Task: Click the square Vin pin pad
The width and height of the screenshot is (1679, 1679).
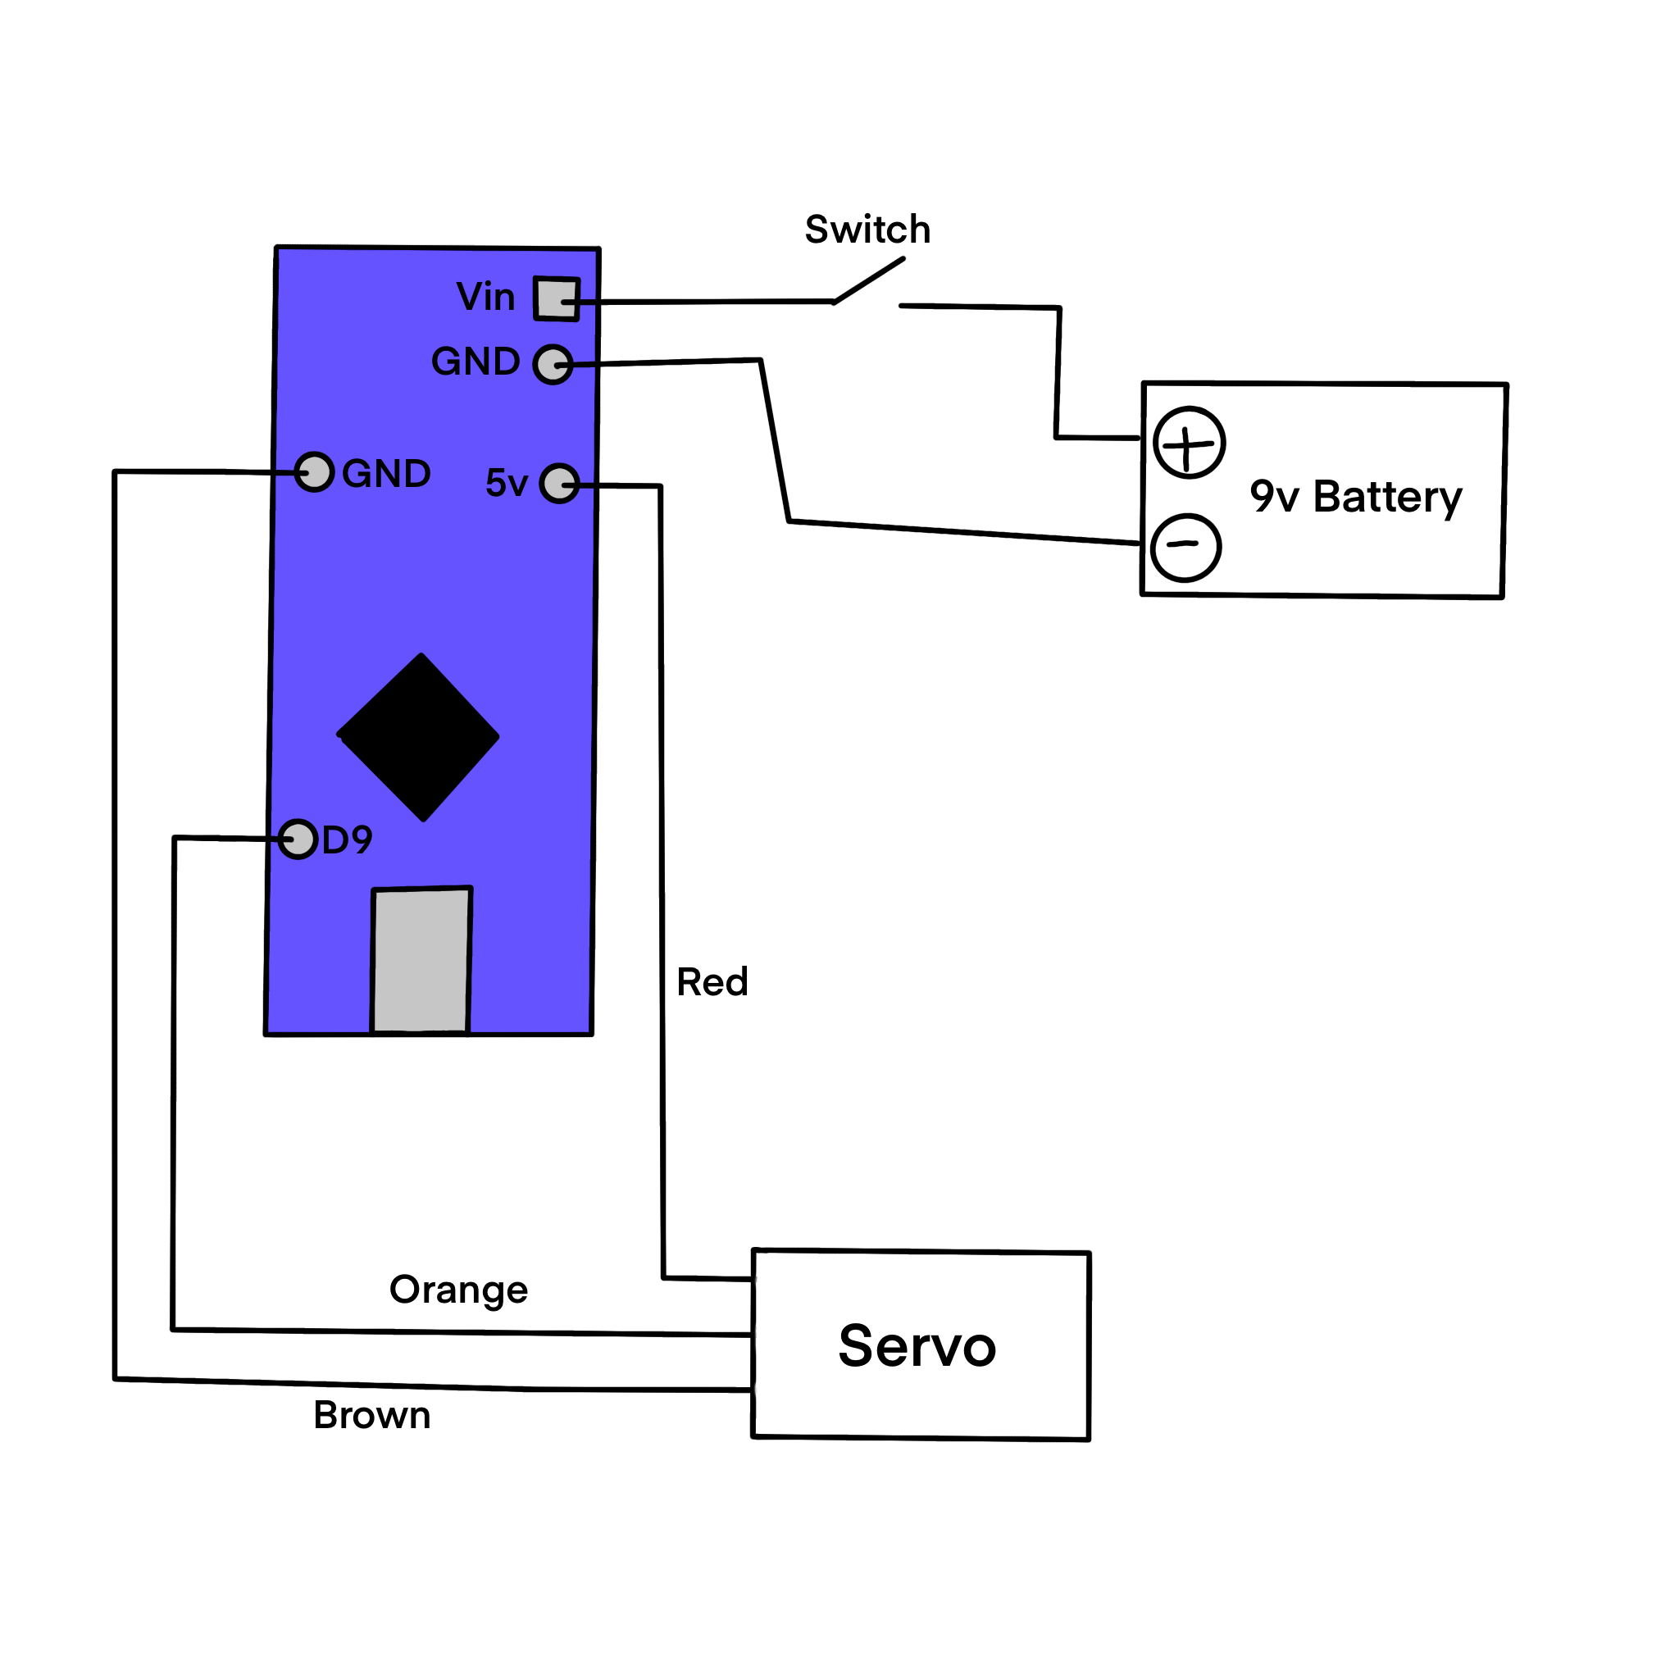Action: coord(556,299)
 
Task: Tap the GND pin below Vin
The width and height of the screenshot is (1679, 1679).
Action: coord(553,364)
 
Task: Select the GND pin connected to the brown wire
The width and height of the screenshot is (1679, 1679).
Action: coord(314,472)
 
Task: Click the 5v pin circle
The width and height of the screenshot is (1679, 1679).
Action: coord(559,483)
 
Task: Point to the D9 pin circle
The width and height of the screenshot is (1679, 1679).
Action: coord(298,839)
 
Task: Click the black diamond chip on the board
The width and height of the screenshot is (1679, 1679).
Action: coord(419,737)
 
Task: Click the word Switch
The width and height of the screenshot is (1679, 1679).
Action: coord(867,230)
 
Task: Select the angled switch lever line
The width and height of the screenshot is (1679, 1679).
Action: coord(869,280)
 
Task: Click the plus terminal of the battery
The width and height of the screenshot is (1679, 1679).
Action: coord(1189,443)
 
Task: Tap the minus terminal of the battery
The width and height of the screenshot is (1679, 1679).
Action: coord(1185,547)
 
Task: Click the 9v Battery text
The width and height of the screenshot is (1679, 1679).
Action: coord(1356,497)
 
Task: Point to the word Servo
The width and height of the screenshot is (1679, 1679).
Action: coord(917,1346)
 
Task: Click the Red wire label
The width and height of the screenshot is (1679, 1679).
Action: coord(712,982)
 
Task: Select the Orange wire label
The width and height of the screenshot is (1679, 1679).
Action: coord(458,1290)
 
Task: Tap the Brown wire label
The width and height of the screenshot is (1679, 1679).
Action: coord(372,1416)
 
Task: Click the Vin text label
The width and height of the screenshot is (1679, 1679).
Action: coord(486,298)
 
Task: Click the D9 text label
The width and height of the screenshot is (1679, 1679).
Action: coord(347,839)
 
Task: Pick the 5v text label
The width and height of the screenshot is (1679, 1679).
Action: coord(507,483)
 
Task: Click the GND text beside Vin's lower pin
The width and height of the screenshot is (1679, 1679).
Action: coord(475,362)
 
